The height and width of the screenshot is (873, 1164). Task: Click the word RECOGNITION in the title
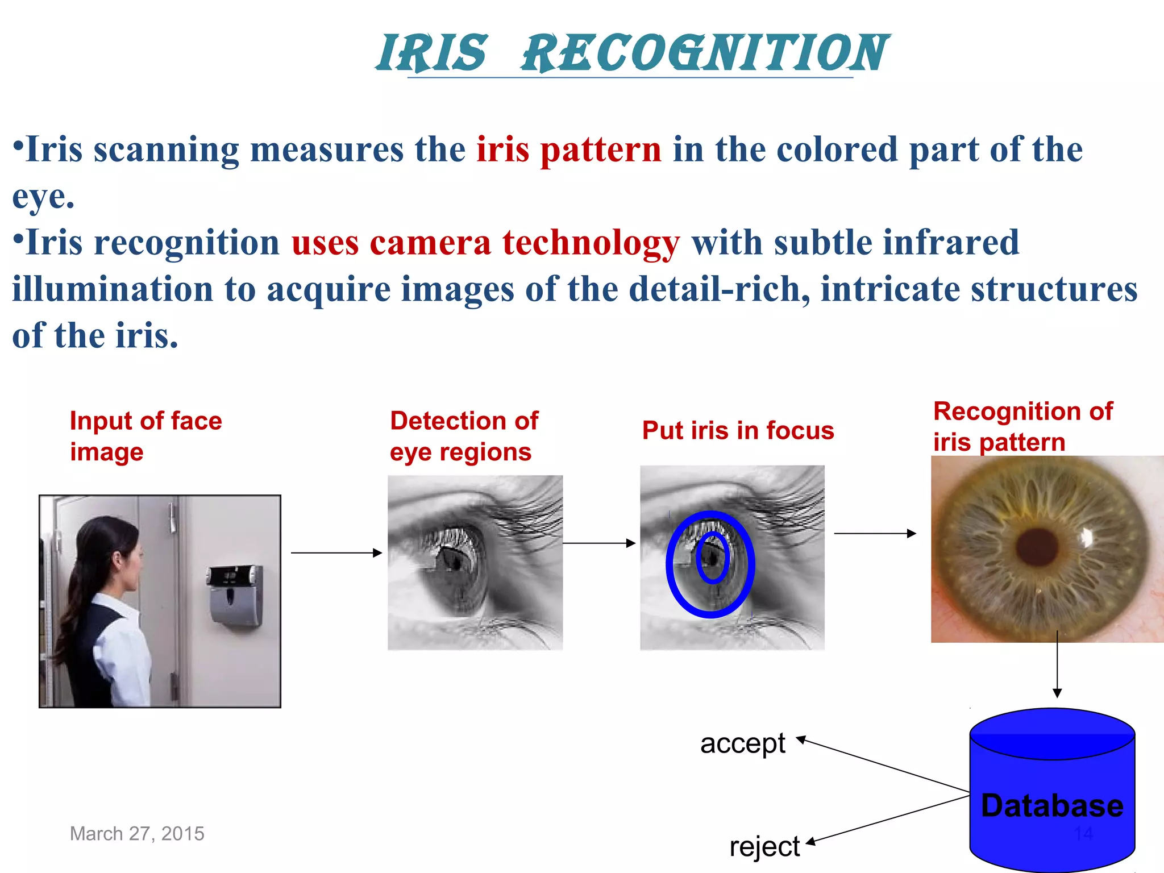(705, 53)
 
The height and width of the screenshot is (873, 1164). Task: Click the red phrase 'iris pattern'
(569, 149)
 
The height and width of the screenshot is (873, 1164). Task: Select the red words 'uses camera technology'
(485, 243)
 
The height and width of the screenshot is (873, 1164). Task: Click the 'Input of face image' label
(145, 436)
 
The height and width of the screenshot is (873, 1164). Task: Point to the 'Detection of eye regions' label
(463, 436)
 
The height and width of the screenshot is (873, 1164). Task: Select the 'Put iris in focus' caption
(738, 430)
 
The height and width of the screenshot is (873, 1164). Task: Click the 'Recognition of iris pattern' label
(1022, 426)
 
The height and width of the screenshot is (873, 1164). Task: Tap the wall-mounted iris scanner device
(235, 594)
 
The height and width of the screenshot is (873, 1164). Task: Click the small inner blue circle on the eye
(712, 558)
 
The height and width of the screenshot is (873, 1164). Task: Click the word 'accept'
(742, 743)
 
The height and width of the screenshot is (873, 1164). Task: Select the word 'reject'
(764, 846)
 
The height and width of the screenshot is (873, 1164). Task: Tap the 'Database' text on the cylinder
(1052, 805)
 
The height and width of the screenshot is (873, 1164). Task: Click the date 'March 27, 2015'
(137, 833)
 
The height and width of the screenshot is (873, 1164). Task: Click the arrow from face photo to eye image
(336, 552)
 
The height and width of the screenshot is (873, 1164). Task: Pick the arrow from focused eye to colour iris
(874, 533)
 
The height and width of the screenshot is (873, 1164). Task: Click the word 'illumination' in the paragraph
(113, 289)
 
